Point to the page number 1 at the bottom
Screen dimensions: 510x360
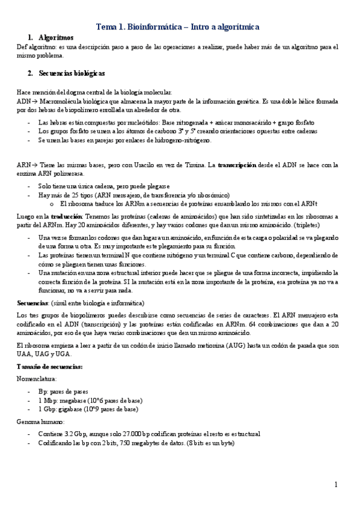(337, 484)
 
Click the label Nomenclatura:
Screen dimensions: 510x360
(37, 379)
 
